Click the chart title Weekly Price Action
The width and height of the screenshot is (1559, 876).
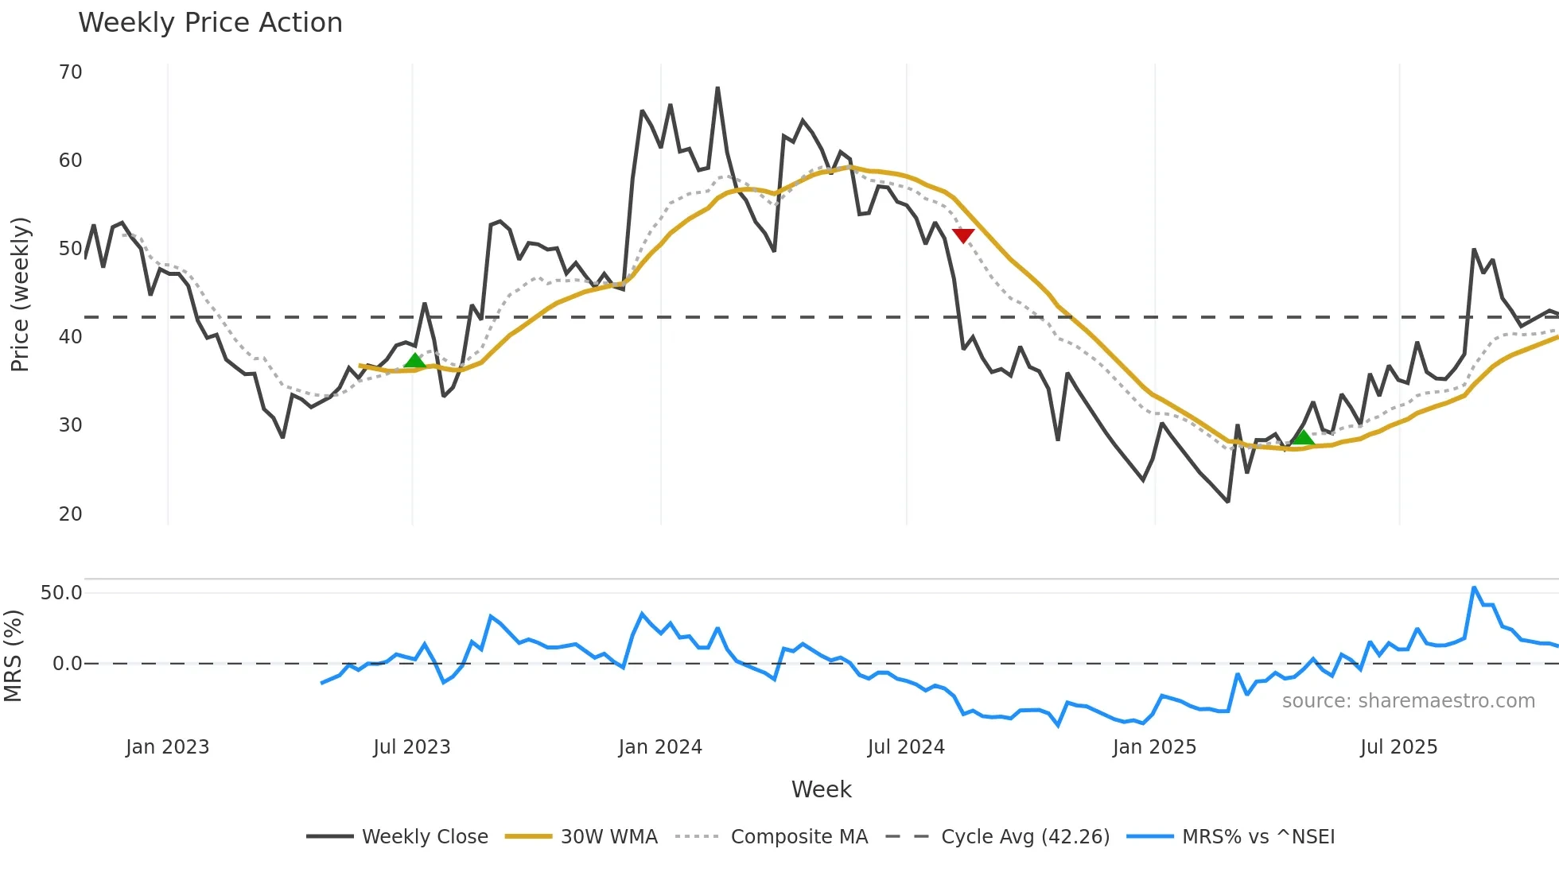(x=210, y=22)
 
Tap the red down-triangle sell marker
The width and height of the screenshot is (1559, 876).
(x=963, y=235)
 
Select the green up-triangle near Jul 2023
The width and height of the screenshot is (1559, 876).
(x=415, y=361)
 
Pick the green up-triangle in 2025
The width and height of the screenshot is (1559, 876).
(x=1303, y=436)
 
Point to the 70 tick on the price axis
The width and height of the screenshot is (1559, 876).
(x=71, y=72)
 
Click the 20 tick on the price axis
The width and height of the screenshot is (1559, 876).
(x=71, y=514)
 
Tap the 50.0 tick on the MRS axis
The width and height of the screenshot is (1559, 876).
(x=61, y=593)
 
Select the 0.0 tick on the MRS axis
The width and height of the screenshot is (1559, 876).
(x=67, y=664)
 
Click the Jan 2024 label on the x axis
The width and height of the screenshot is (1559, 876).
(x=660, y=747)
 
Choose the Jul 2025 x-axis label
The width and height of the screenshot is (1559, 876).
(x=1398, y=747)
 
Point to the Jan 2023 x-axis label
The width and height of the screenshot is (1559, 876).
(x=167, y=747)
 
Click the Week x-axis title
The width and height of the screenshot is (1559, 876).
(x=821, y=789)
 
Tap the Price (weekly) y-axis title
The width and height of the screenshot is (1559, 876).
(x=20, y=294)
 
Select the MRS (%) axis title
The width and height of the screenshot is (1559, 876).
(x=14, y=656)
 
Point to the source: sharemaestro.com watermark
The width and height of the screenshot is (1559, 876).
(x=1408, y=701)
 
